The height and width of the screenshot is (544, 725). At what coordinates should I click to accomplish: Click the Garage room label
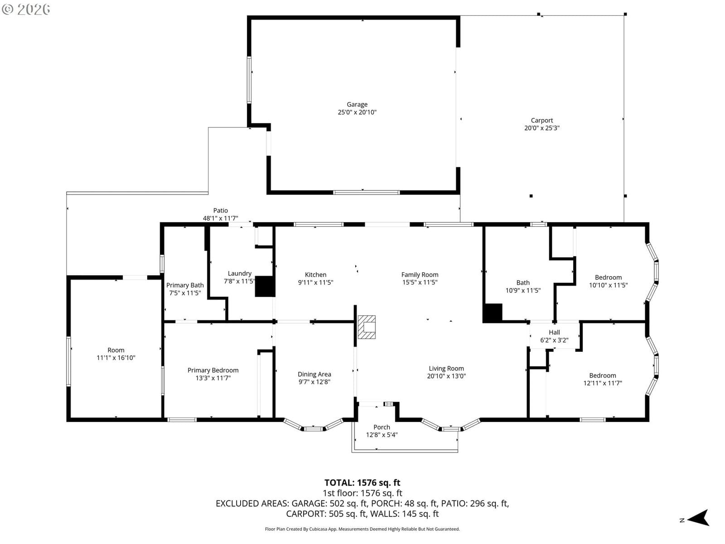tap(357, 104)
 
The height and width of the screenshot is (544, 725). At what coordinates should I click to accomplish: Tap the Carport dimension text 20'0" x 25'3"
tap(541, 128)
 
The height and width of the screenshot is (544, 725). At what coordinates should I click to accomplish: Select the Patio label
tap(220, 210)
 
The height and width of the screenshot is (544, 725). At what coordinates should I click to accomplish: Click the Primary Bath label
tap(184, 286)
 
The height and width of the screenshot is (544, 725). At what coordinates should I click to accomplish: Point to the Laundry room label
tap(239, 273)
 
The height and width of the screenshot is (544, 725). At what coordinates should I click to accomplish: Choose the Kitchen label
tap(315, 274)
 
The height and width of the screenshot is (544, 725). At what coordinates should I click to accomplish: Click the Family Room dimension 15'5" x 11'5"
tap(420, 282)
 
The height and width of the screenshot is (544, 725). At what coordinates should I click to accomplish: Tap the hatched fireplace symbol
tap(367, 327)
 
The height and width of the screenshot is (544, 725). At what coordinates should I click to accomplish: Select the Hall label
tap(554, 332)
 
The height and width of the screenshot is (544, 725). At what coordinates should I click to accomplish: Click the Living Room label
tap(446, 368)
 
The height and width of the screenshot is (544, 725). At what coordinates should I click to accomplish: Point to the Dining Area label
tap(314, 374)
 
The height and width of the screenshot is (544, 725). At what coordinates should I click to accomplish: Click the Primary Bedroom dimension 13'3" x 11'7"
tap(213, 378)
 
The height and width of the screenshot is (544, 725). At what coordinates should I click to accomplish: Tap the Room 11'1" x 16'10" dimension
tap(116, 358)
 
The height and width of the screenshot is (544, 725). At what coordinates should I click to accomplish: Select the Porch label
tap(382, 427)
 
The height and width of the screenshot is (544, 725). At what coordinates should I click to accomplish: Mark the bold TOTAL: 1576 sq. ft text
tap(362, 482)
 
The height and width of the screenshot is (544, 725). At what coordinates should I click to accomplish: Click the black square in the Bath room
tap(492, 313)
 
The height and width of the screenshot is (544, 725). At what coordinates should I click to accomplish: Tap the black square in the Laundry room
tap(265, 287)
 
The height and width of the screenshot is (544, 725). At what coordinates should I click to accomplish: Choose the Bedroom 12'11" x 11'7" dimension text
tap(602, 383)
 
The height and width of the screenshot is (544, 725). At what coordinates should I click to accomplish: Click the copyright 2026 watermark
tap(26, 9)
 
